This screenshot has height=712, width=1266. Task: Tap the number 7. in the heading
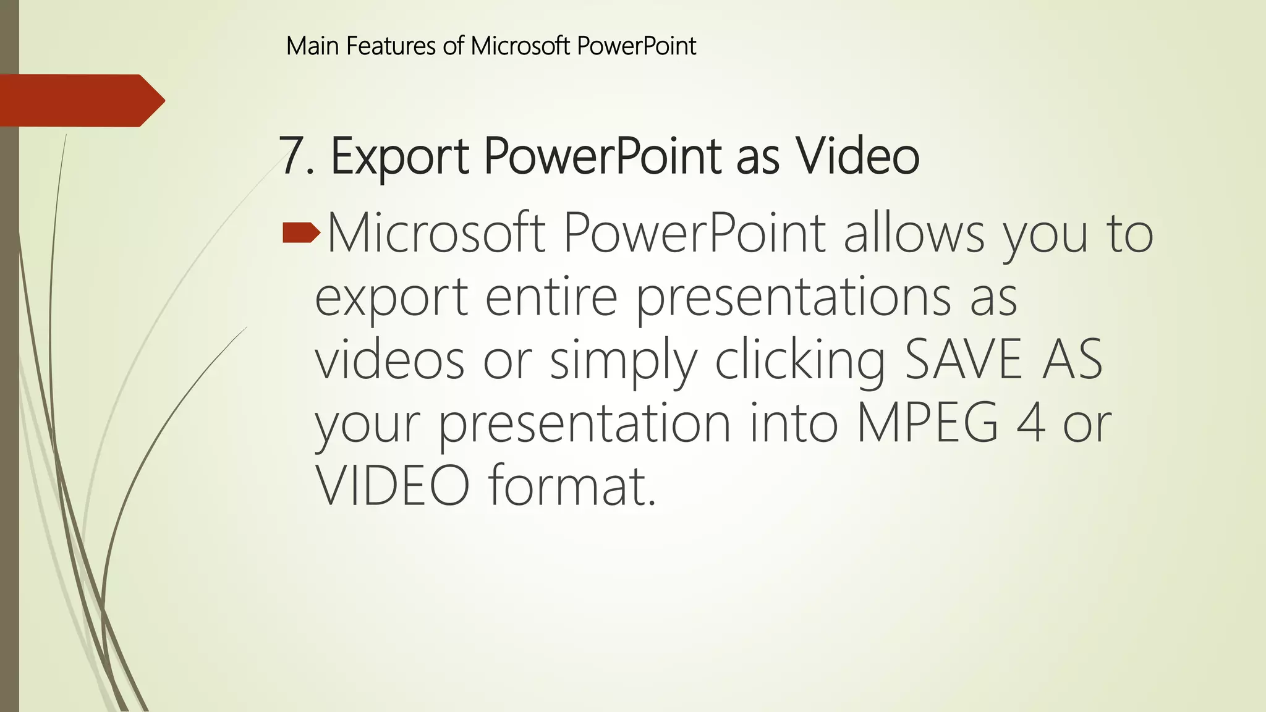tap(296, 156)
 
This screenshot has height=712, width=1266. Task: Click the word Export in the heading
tap(399, 156)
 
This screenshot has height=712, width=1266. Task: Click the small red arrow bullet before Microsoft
tap(301, 233)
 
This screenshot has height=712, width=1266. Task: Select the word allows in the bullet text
tap(914, 233)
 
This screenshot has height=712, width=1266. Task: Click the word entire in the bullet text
tap(551, 297)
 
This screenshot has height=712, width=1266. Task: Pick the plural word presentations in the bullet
tap(794, 297)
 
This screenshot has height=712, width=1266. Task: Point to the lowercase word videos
tap(389, 360)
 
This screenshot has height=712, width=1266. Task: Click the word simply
tap(623, 360)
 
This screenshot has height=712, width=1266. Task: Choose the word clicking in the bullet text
tap(800, 360)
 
